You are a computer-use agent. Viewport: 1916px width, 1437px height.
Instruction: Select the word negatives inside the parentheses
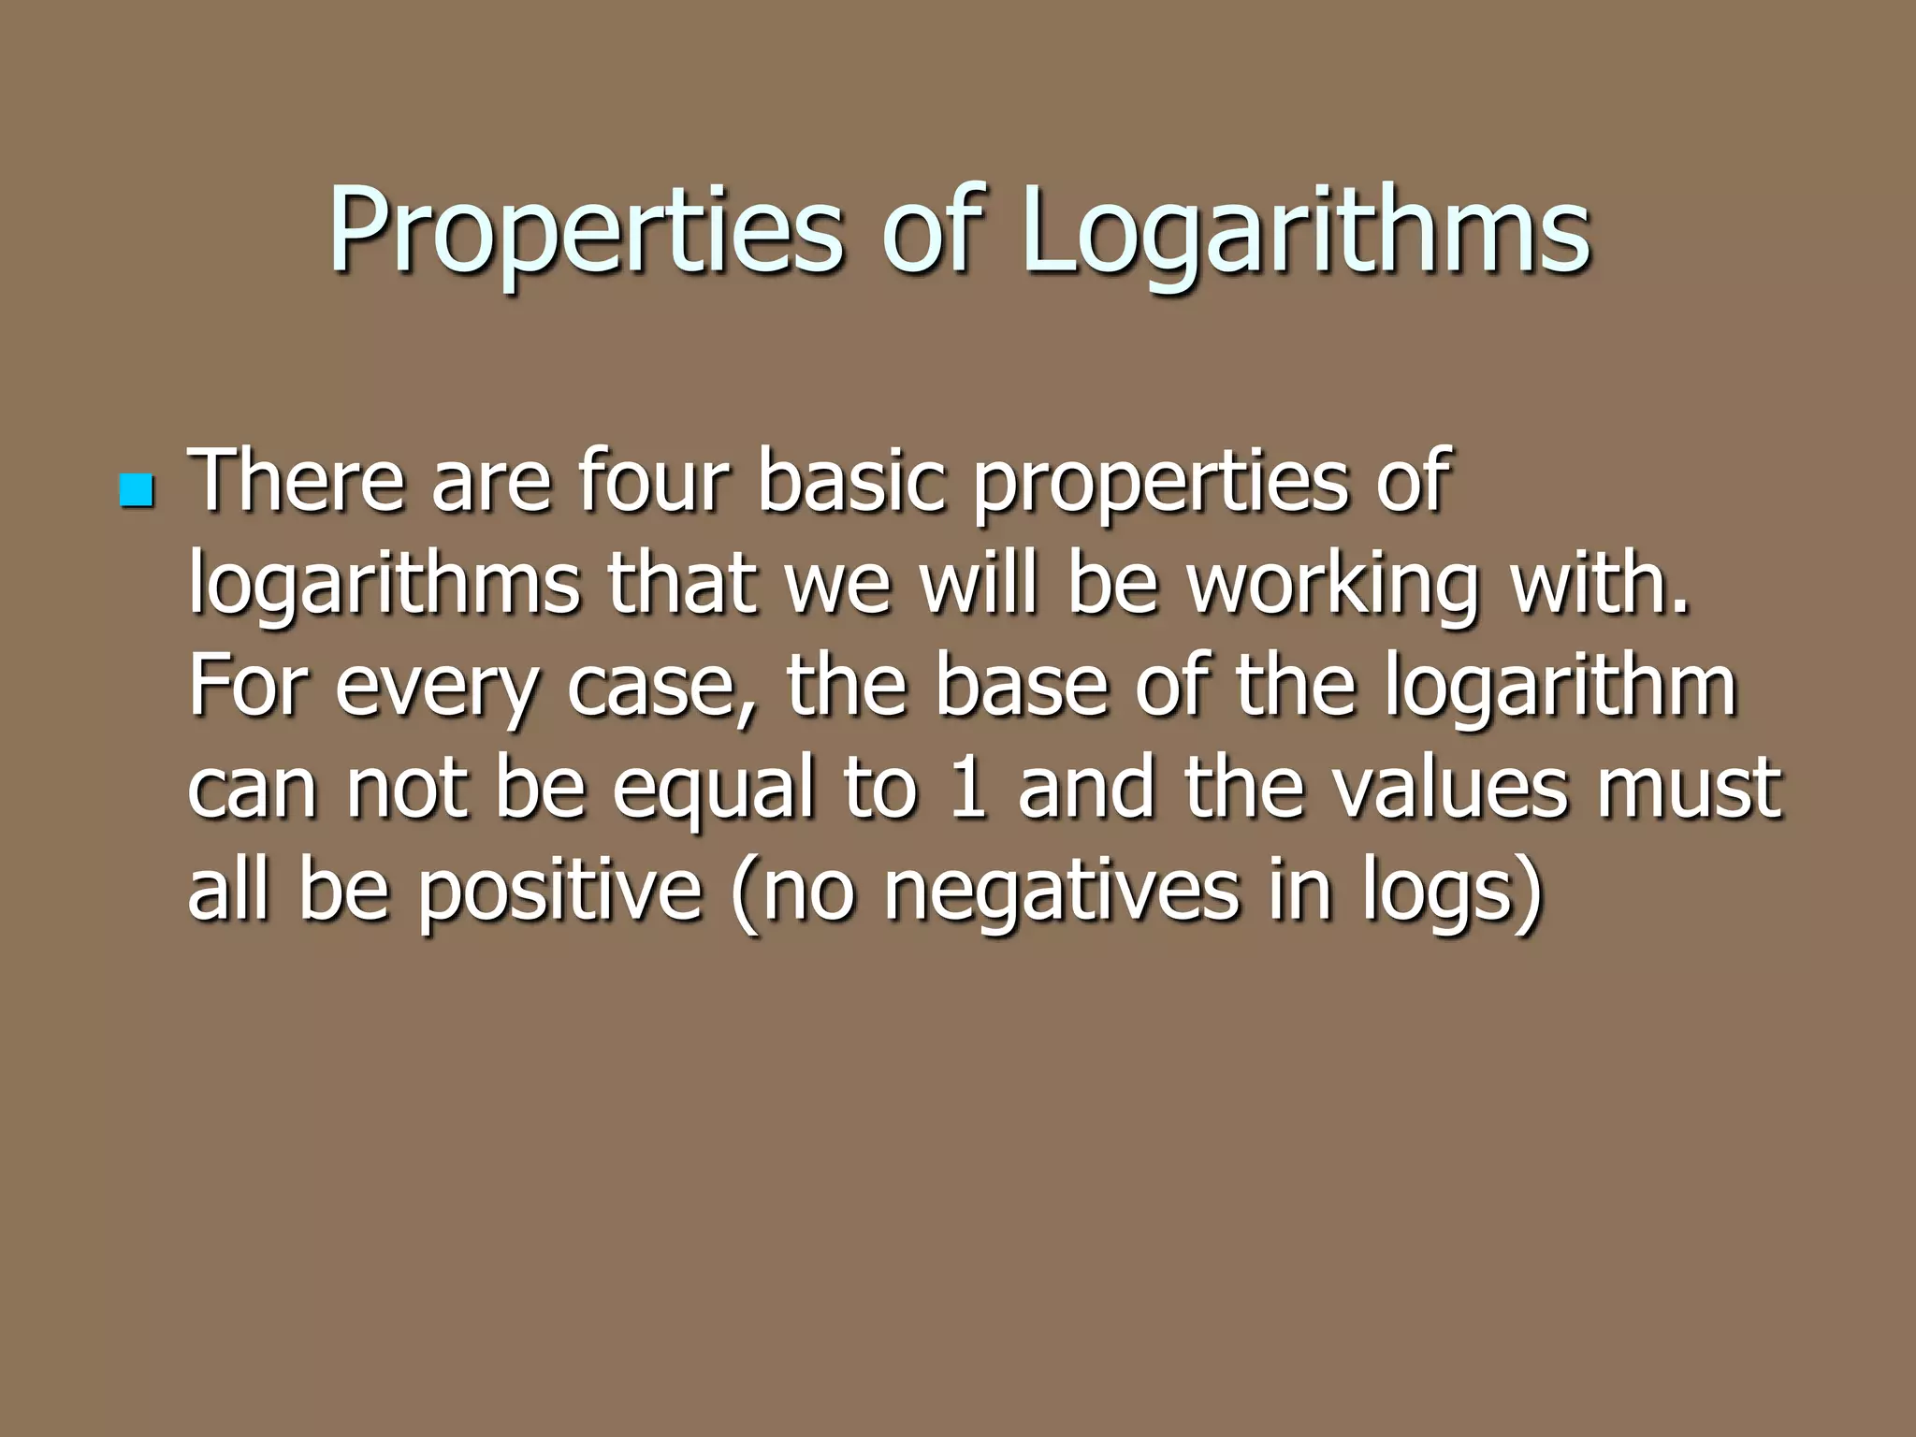pyautogui.click(x=1058, y=890)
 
